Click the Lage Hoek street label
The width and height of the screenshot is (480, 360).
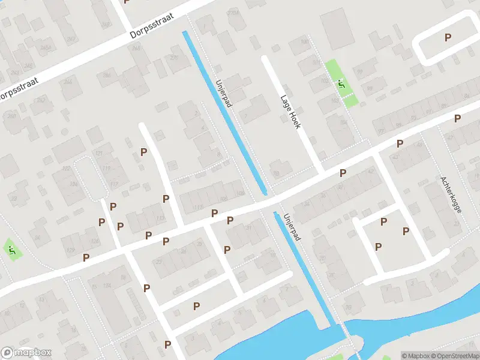click(x=293, y=112)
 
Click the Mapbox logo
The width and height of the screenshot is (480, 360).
click(x=26, y=353)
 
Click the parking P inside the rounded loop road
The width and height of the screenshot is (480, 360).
click(x=447, y=37)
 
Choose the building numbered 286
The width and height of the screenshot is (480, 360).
click(x=107, y=75)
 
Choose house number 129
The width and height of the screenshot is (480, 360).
click(x=71, y=250)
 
